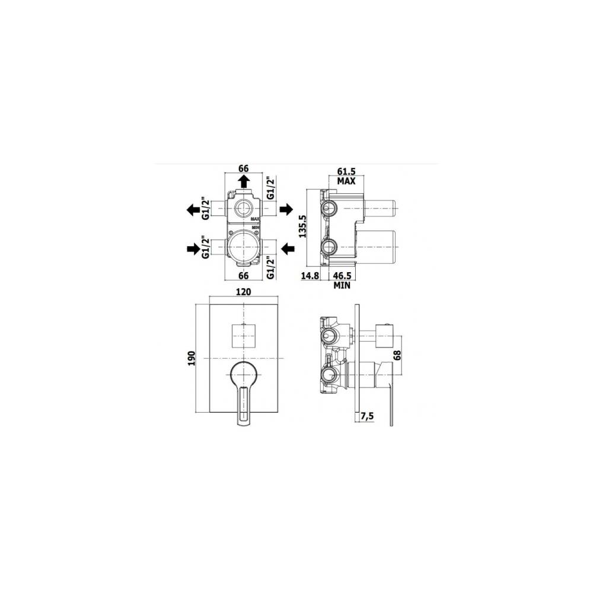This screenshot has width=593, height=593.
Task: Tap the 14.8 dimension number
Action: pos(311,276)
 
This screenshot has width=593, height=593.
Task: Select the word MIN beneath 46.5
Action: pos(342,285)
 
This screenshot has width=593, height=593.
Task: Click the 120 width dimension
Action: pos(244,292)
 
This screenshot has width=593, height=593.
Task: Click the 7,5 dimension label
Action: pos(368,416)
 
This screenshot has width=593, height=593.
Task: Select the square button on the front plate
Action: pos(243,336)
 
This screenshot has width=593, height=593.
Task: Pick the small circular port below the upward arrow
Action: pos(243,208)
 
